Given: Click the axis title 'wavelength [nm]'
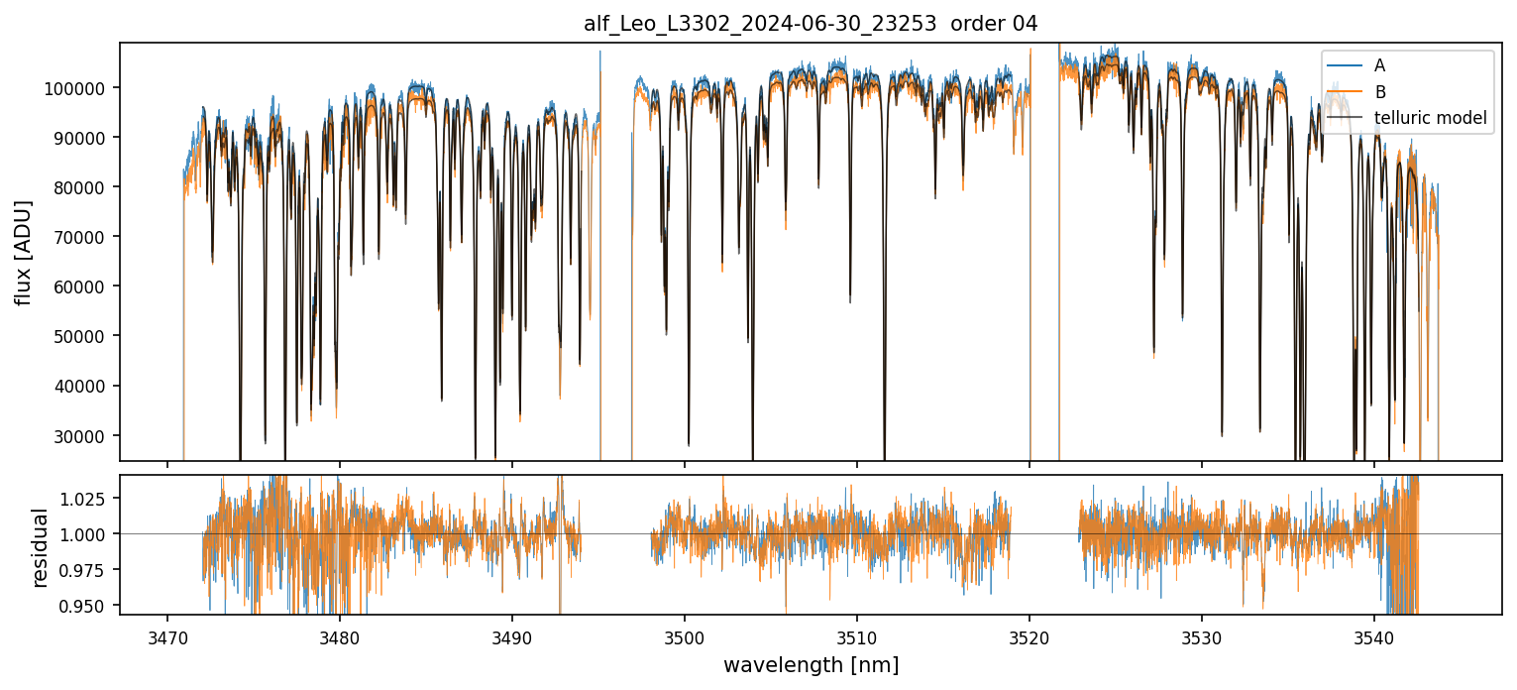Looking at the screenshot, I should (x=811, y=664).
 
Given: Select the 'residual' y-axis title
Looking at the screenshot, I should (x=40, y=547).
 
